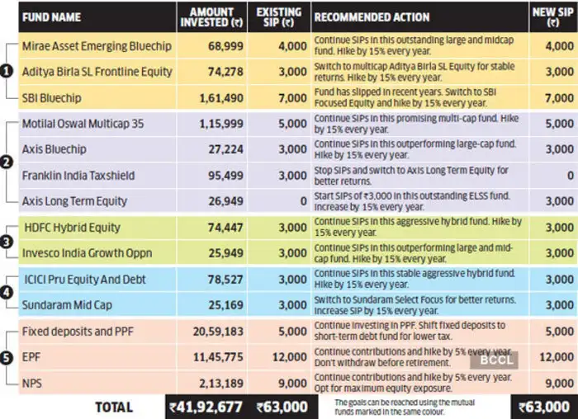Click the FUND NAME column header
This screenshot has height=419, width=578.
coord(51,17)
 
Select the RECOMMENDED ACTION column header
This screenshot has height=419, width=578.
coord(372,17)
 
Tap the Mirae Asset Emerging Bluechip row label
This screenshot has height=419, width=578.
coord(97,46)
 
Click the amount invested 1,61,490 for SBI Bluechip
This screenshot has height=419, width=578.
coord(221,98)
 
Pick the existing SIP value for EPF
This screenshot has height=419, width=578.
coord(290,357)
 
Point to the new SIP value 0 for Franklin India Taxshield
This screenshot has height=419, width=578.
coord(571,176)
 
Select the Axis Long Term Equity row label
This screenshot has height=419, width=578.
coord(74,201)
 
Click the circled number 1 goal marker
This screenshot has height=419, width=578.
coord(7,72)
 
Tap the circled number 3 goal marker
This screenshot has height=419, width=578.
coord(7,242)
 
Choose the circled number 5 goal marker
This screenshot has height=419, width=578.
coord(7,357)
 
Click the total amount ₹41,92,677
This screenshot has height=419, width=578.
coord(206,407)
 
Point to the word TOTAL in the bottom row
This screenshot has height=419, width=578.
coord(114,407)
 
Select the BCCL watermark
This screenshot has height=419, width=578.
coord(495,360)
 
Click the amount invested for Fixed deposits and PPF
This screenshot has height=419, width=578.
coord(218,332)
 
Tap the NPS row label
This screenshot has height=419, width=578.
coord(32,384)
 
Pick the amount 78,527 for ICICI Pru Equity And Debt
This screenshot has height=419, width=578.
coord(225,280)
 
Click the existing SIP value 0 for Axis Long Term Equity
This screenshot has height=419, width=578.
coord(303,201)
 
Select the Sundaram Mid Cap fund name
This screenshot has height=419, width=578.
coord(67,305)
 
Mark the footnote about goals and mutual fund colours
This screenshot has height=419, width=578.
coord(405,407)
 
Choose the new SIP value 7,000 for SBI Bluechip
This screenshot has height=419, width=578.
coord(559,98)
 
